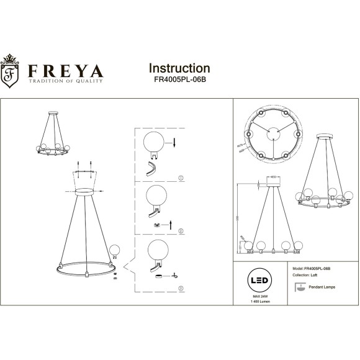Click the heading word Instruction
click(x=179, y=68)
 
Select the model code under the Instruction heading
click(x=180, y=81)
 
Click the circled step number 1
click(x=181, y=178)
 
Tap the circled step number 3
click(x=181, y=289)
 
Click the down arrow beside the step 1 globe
click(x=175, y=143)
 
